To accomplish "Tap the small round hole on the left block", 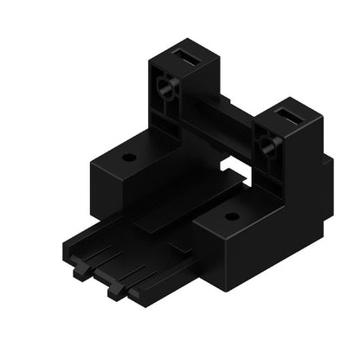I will (129, 158).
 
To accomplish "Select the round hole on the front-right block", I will (230, 216).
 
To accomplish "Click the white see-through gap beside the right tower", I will (231, 164).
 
